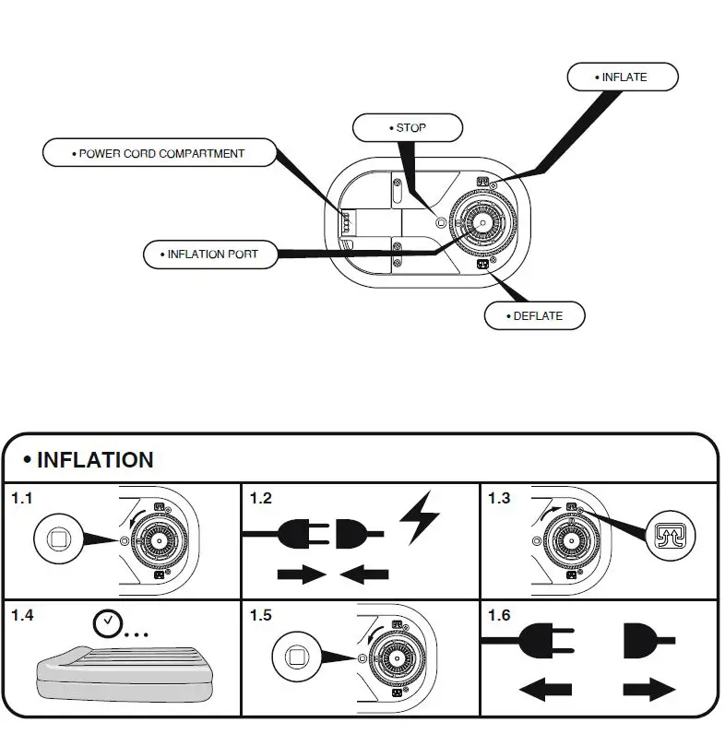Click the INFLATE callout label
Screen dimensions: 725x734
click(x=623, y=77)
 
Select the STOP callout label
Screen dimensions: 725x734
click(x=408, y=128)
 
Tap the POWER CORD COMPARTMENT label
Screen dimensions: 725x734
click(x=160, y=153)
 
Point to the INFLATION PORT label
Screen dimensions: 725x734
click(x=210, y=255)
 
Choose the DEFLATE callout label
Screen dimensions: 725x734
click(x=534, y=316)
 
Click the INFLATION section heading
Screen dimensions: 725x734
click(x=95, y=460)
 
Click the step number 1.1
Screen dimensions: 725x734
click(x=22, y=498)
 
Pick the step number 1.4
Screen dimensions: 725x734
click(x=22, y=615)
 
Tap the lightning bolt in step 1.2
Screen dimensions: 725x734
click(x=419, y=517)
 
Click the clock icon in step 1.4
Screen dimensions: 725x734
click(x=108, y=623)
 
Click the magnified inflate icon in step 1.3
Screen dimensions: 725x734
click(x=671, y=536)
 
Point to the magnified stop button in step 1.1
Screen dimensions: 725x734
click(x=58, y=539)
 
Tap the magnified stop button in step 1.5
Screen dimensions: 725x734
click(x=296, y=657)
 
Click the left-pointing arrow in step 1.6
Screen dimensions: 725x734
click(x=546, y=690)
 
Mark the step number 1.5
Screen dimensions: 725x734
click(x=260, y=615)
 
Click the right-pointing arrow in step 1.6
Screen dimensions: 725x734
click(x=649, y=690)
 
